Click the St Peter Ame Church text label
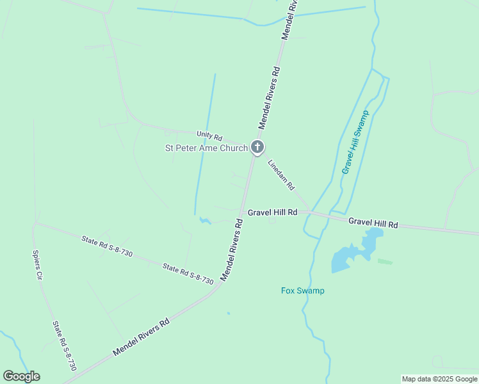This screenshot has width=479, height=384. tap(206, 148)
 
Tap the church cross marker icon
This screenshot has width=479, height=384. tap(257, 148)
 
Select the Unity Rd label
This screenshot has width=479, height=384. tap(209, 136)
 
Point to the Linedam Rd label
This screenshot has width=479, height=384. tap(281, 175)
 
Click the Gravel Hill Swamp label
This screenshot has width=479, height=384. tap(356, 142)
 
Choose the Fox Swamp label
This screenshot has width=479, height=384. tap(302, 291)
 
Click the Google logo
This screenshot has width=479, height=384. tap(21, 376)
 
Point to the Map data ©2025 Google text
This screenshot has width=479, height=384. tap(439, 379)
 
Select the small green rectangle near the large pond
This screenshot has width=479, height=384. tap(384, 261)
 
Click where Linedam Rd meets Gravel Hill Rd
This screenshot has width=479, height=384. tap(310, 211)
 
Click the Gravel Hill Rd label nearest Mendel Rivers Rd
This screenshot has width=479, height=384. tap(273, 212)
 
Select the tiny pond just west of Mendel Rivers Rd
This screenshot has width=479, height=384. tap(205, 221)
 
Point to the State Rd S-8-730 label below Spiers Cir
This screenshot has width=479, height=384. tap(65, 346)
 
